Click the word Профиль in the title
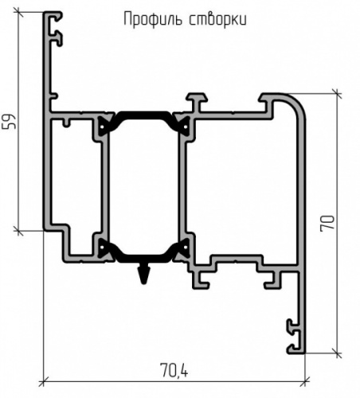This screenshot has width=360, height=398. tap(153, 19)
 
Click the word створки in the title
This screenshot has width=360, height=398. tap(218, 19)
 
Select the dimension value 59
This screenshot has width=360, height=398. tap(10, 122)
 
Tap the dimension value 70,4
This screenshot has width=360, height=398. tap(174, 370)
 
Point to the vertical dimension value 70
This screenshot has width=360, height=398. tap(327, 224)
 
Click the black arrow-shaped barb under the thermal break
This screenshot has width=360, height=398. tap(144, 274)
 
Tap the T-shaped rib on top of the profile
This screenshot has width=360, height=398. tap(197, 102)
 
